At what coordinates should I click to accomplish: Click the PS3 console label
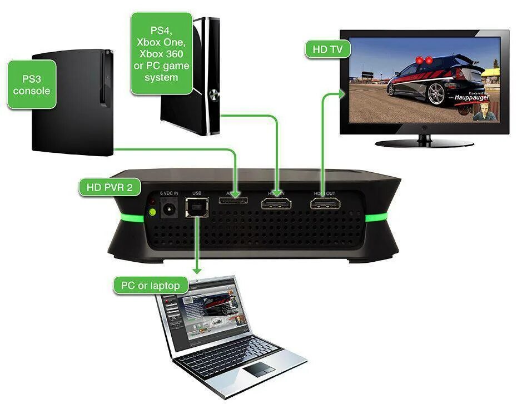[32, 83]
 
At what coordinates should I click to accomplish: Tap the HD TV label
[328, 49]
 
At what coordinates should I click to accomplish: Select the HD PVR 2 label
[110, 187]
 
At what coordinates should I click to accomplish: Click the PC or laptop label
[151, 286]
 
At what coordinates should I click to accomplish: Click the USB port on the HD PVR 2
[196, 212]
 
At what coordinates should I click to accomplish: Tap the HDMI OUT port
[325, 204]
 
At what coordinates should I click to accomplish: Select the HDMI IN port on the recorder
[276, 204]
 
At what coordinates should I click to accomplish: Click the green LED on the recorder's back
[150, 212]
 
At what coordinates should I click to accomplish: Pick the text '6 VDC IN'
[168, 193]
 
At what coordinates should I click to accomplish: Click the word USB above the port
[197, 193]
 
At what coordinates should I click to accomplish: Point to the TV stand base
[425, 143]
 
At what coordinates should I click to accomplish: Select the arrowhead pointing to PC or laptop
[196, 270]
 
